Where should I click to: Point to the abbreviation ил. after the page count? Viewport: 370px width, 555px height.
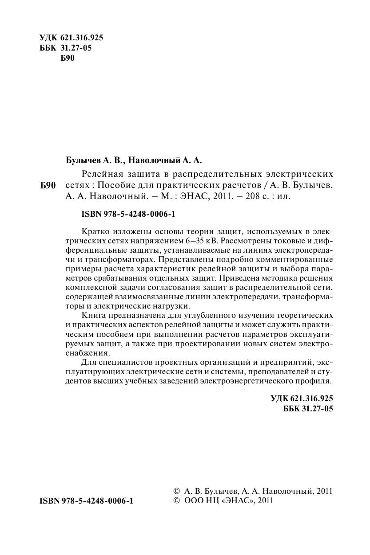[x=283, y=195]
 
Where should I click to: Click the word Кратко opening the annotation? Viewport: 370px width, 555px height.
[x=95, y=232]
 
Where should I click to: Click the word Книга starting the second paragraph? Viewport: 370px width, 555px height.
[x=93, y=315]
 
